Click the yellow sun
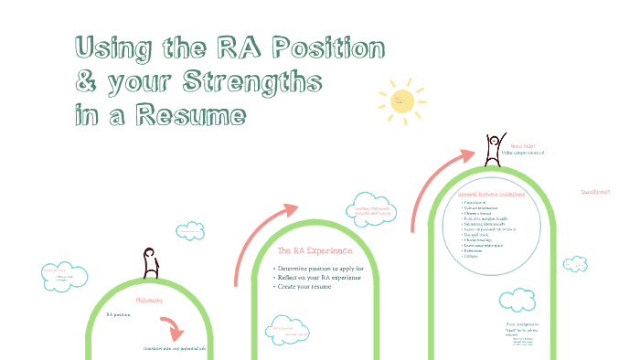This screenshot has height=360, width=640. [403, 100]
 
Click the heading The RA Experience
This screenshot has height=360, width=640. [315, 249]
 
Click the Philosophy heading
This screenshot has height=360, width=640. [150, 300]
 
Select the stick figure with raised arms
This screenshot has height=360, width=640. [495, 147]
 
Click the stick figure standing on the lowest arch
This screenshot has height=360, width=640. [150, 262]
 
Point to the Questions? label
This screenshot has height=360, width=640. [595, 192]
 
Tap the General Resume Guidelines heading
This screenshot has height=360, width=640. [492, 194]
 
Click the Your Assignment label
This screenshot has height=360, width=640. [524, 324]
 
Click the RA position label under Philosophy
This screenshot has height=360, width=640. [119, 314]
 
